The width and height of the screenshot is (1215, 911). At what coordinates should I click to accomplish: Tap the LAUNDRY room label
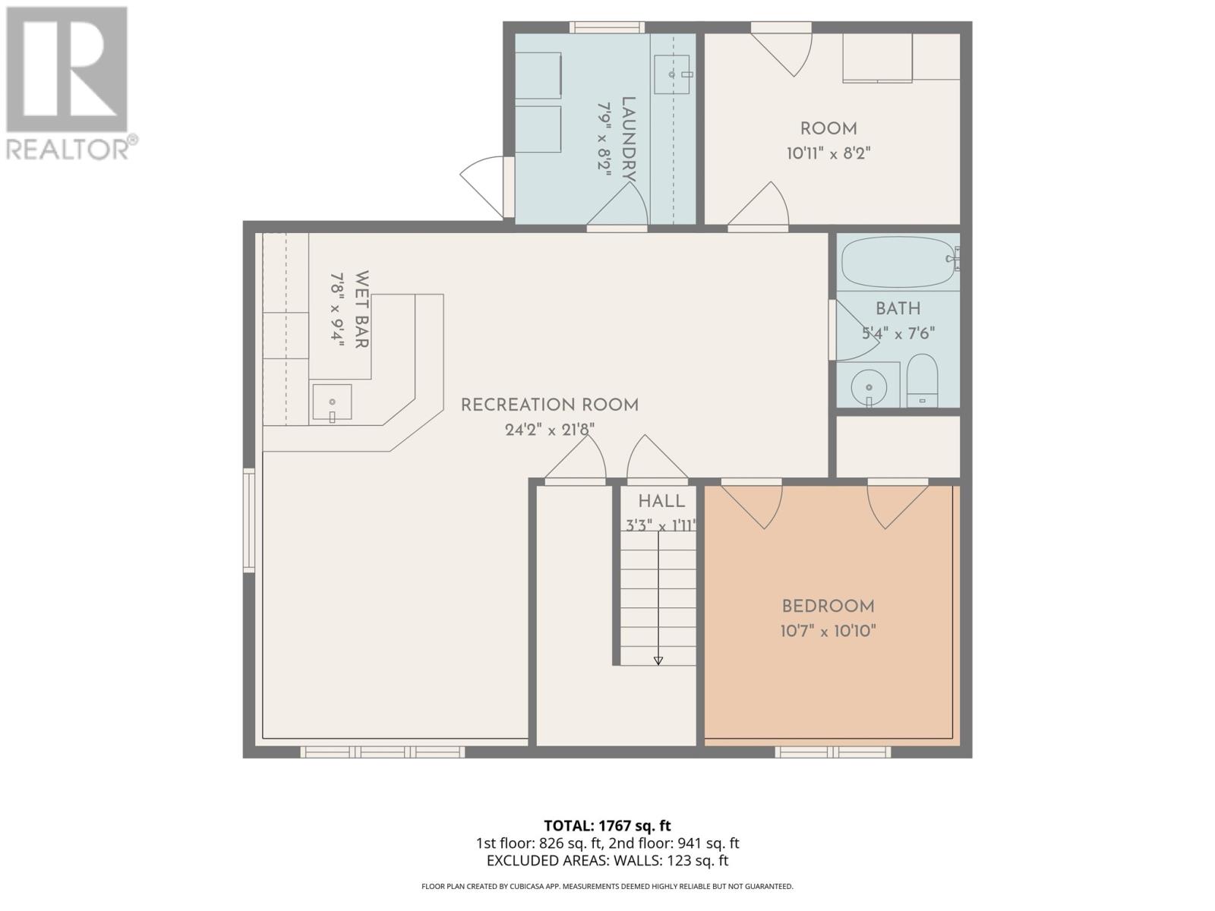pos(628,139)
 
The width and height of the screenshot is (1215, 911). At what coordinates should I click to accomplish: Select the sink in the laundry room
pos(672,74)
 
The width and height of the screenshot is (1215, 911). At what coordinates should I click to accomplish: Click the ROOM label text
pos(828,129)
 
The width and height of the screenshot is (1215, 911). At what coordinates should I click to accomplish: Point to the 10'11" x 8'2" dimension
pos(828,153)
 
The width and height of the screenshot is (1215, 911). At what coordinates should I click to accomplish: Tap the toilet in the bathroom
pos(922,380)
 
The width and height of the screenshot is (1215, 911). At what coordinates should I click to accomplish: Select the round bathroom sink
pos(869,388)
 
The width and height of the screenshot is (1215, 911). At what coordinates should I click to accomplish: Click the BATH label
pos(898,309)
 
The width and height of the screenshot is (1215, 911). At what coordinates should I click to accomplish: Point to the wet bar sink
pos(332,402)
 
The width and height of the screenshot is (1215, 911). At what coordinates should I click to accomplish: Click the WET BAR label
pos(361,309)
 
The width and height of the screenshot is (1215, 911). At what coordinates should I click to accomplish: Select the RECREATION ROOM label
pos(550,405)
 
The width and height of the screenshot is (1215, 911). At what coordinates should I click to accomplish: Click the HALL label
pos(661,502)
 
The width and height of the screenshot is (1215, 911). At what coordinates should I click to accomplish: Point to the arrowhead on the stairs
pos(658,660)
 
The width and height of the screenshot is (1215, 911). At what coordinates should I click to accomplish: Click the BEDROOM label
pos(828,607)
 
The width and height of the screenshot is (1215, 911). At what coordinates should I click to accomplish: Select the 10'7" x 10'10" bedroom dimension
pos(828,631)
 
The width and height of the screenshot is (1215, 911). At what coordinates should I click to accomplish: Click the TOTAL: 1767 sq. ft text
pos(607,826)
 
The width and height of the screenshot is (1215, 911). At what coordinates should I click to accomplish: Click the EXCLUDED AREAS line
pos(607,861)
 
